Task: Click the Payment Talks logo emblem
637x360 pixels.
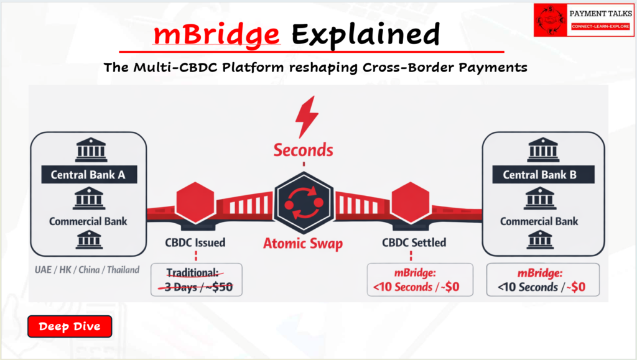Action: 551,20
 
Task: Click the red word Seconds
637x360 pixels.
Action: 304,150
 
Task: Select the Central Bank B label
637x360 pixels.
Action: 539,175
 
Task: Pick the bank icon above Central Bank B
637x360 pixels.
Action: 539,150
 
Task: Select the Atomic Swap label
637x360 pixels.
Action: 303,243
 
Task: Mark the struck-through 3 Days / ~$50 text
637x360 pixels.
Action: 196,287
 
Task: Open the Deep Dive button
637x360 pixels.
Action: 69,326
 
